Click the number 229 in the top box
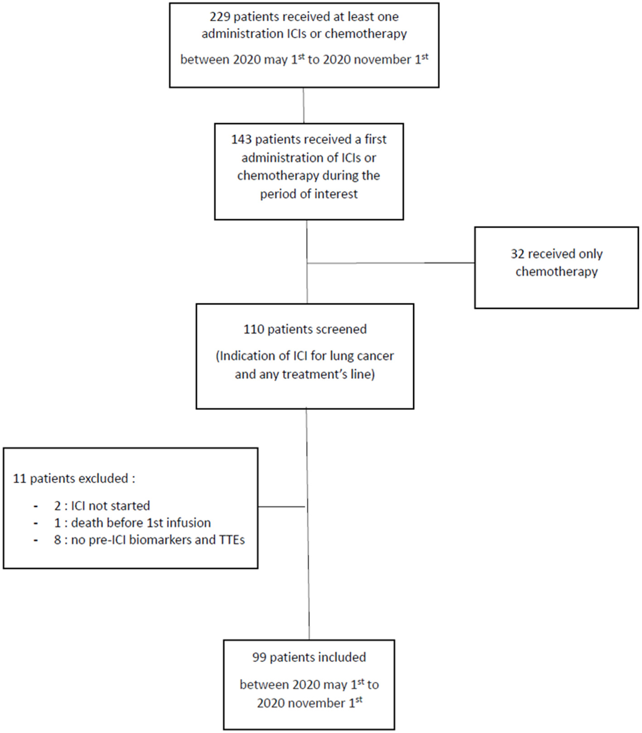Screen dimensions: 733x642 point(220,17)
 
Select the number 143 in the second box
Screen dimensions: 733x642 point(241,139)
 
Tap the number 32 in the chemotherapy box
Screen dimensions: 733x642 point(517,254)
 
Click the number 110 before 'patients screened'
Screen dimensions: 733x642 point(254,329)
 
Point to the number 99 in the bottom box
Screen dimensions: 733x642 point(259,657)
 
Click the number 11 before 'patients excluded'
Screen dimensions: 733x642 point(19,479)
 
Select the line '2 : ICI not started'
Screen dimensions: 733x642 point(102,506)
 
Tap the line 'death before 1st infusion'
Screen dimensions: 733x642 point(140,523)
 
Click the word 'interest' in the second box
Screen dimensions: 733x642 point(336,194)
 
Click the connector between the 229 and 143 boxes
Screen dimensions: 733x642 point(304,105)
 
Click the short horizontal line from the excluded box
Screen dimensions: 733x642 point(281,507)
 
